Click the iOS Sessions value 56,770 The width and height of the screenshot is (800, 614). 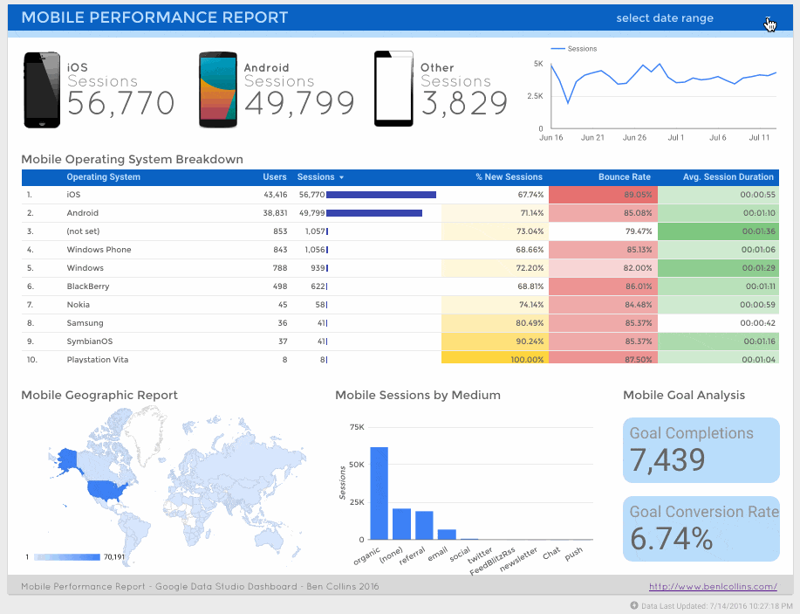tap(120, 104)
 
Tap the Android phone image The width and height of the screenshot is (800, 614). tap(218, 90)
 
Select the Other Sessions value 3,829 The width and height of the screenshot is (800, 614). tap(464, 104)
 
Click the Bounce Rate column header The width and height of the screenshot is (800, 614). tap(624, 177)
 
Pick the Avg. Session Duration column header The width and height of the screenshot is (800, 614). tap(728, 177)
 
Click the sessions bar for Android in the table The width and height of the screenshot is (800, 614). tap(373, 213)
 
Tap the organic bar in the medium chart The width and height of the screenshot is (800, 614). tap(379, 493)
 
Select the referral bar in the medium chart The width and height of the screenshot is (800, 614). tap(424, 525)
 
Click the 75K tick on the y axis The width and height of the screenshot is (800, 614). tap(356, 427)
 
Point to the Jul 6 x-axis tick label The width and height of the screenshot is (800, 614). tap(717, 138)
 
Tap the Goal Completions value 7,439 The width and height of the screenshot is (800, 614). tap(667, 460)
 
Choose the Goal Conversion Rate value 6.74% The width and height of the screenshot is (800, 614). tap(671, 539)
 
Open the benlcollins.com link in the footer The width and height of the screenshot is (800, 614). tap(713, 587)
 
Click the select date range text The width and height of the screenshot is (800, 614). tap(664, 18)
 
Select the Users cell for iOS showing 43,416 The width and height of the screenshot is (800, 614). tap(275, 195)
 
